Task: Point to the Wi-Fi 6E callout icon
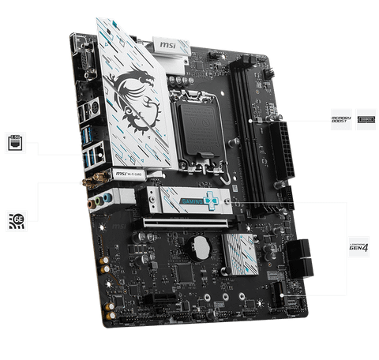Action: pyautogui.click(x=16, y=219)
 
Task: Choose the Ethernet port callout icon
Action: pyautogui.click(x=16, y=143)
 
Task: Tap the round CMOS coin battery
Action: pyautogui.click(x=203, y=247)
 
